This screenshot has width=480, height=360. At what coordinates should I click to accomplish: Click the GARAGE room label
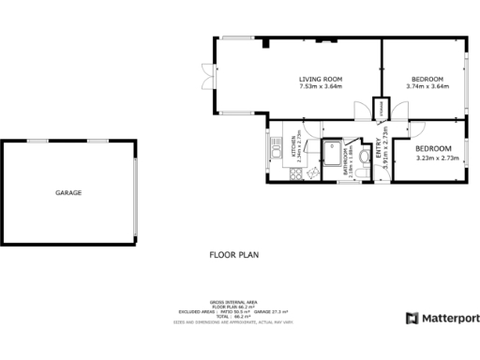pos(68,192)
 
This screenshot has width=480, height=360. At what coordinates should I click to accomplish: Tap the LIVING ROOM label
pos(321,79)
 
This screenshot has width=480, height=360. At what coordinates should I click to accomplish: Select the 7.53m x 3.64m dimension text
pos(321,87)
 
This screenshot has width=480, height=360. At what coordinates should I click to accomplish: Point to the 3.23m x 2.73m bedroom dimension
pos(434,158)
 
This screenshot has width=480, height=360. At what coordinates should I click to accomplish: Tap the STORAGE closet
pos(381,111)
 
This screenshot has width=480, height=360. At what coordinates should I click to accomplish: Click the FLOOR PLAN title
pos(233,254)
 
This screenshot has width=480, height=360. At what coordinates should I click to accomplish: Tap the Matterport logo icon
pos(412,319)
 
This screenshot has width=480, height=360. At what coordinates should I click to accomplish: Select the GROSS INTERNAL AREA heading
pos(235,303)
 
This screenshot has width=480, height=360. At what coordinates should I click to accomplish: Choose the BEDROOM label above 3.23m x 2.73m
pos(434,149)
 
